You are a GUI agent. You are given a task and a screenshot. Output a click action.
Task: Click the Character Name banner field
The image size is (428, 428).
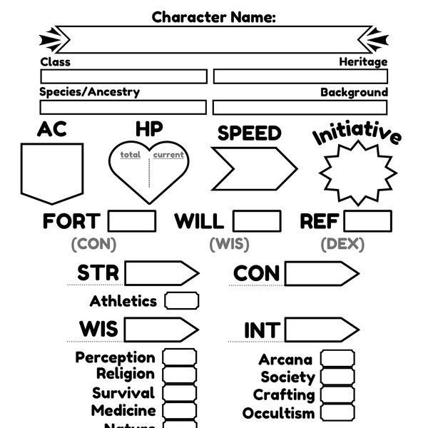pos(214,39)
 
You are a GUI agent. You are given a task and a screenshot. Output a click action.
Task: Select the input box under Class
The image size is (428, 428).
pos(123,76)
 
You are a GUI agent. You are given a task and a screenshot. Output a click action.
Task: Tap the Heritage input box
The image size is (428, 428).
pos(300,76)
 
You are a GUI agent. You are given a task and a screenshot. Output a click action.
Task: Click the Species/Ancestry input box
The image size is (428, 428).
pos(123,107)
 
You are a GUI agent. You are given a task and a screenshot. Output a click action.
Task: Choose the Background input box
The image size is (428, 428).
pos(300,107)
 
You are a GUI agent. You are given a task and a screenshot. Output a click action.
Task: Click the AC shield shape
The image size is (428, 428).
pos(51,171)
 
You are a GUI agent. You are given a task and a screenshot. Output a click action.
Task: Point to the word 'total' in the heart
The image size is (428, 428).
pos(130,155)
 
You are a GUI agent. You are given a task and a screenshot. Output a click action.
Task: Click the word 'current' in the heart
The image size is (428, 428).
pos(168,155)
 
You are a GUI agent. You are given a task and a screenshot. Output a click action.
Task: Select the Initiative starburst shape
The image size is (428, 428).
pos(357,172)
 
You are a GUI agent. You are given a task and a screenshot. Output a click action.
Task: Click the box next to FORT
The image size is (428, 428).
pos(131,221)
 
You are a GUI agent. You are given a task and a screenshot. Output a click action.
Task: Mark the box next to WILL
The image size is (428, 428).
pos(256,221)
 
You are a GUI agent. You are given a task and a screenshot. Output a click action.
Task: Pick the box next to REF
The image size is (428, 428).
pos(367,221)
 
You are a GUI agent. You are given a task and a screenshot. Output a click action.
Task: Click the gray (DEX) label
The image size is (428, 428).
pos(345,244)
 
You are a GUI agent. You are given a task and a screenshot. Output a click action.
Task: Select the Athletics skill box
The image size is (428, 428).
pos(181,300)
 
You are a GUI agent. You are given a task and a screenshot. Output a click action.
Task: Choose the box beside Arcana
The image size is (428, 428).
pos(337,359)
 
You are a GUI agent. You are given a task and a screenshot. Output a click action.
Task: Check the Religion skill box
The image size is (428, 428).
pos(179,374)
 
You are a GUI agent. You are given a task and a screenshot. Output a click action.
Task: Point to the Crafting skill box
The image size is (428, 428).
pos(337,394)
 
